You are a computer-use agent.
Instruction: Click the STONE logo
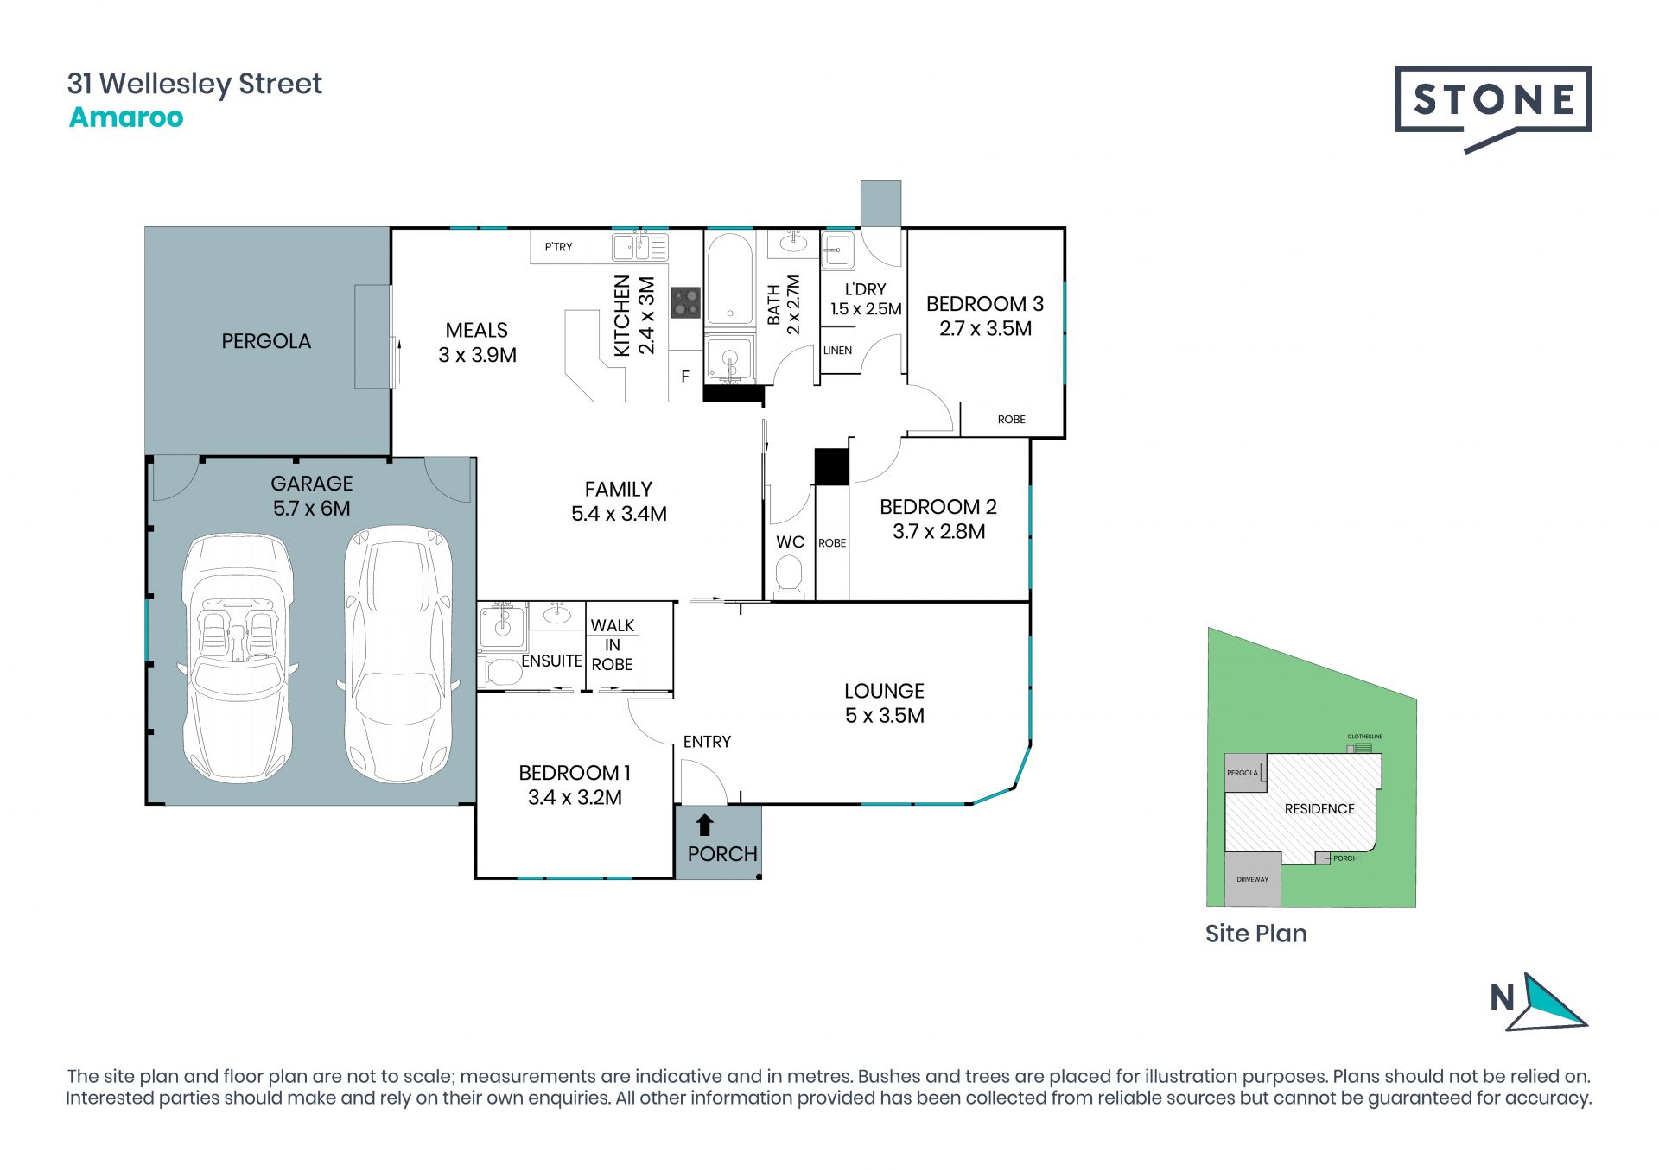pos(1492,109)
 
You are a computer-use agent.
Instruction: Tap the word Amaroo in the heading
pos(126,117)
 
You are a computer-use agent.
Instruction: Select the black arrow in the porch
pos(705,825)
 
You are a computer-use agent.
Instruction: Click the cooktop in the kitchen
pos(686,302)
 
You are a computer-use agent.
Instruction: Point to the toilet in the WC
pos(788,575)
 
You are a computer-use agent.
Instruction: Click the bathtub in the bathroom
pos(730,279)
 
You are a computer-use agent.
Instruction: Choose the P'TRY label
pos(558,247)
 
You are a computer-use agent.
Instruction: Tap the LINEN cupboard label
pos(837,351)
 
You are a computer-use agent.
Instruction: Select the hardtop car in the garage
pos(398,654)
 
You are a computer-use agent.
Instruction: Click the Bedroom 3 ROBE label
pos(1011,420)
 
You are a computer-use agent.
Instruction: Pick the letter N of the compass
pos(1503,998)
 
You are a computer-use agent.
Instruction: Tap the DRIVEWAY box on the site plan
pos(1252,879)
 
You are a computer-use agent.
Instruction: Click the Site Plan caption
pos(1255,934)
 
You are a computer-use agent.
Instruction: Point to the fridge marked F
pos(685,377)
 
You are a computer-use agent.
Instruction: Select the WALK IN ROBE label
pos(612,645)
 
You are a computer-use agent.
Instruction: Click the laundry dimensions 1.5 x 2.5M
pos(866,309)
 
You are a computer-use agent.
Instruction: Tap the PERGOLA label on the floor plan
pos(266,341)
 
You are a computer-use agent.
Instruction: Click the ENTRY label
pos(707,742)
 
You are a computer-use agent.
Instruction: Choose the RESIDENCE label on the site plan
pos(1319,809)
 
